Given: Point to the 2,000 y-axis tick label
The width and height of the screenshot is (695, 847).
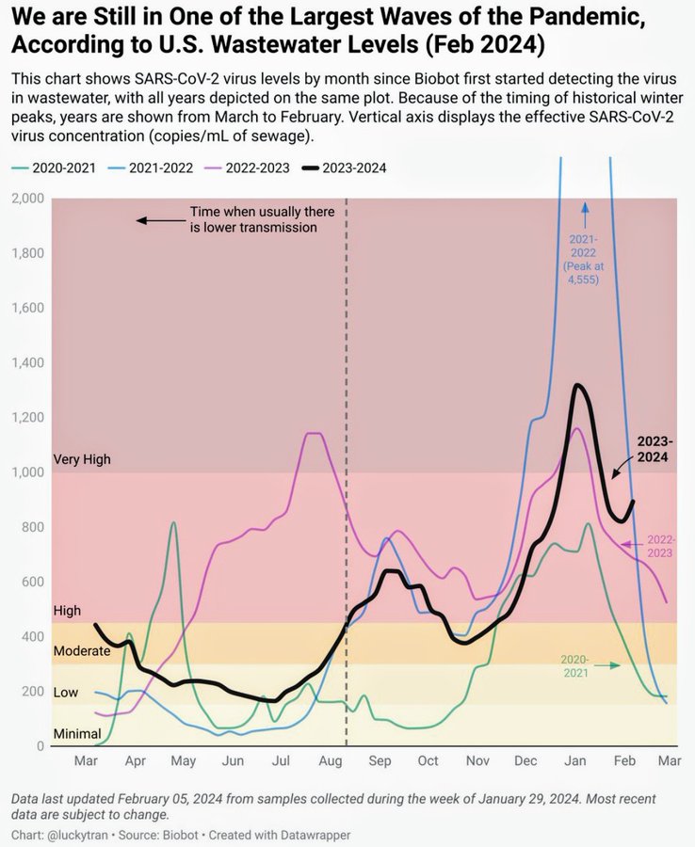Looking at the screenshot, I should tap(28, 199).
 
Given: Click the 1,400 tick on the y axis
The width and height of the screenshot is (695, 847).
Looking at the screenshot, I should tap(28, 363).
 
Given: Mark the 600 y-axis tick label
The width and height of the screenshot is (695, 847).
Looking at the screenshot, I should tap(32, 583).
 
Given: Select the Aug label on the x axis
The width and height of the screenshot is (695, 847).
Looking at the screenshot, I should tap(330, 760).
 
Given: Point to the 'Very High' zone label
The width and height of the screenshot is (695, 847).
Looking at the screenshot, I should tap(82, 459).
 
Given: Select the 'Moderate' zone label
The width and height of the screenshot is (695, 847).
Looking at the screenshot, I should tap(81, 650).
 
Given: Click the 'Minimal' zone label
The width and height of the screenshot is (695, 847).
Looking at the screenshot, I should tap(76, 733).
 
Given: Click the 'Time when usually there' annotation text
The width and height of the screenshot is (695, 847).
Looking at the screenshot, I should tap(250, 213).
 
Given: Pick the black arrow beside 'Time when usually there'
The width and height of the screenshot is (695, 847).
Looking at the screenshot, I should tap(160, 220).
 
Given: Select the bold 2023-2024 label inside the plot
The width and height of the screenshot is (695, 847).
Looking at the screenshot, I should tap(653, 449).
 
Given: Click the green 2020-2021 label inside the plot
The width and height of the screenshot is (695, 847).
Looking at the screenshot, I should tap(575, 665).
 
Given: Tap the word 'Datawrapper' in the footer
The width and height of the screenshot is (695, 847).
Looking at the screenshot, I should tap(317, 835).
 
